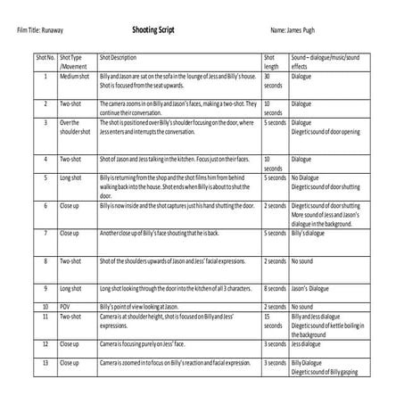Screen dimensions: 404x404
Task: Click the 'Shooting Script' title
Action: click(153, 29)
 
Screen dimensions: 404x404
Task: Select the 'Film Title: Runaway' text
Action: click(41, 30)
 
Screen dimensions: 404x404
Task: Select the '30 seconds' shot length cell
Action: click(271, 82)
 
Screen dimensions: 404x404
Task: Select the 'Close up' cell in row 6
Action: click(69, 206)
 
